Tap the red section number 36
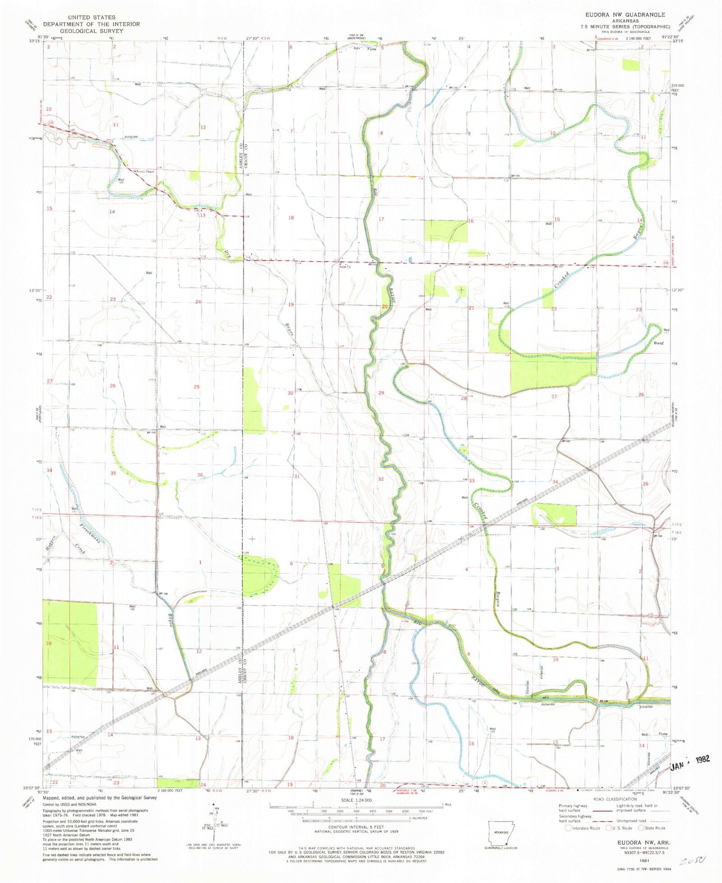point(200,475)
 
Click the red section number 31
point(297,476)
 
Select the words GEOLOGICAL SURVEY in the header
point(87,30)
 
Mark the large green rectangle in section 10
point(71,642)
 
